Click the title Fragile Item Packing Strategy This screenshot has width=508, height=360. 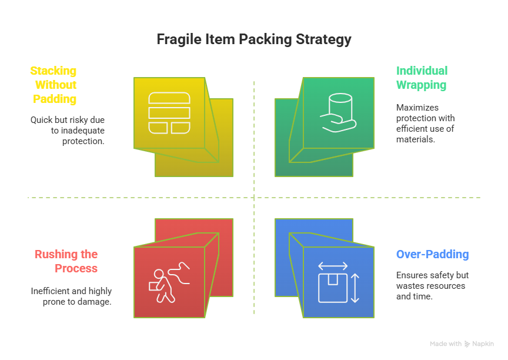[x=254, y=39]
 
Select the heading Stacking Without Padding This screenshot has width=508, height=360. [x=54, y=85]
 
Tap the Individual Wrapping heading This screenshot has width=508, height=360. [x=422, y=78]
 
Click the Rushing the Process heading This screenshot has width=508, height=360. [x=66, y=261]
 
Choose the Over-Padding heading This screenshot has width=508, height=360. [x=432, y=255]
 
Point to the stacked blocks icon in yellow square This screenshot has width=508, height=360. [x=169, y=112]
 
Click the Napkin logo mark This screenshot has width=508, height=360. [x=467, y=344]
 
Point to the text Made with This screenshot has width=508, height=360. [x=445, y=344]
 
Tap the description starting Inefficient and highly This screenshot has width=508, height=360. [x=71, y=296]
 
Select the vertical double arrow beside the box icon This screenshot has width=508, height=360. [x=355, y=288]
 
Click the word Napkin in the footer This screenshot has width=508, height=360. [x=483, y=344]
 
